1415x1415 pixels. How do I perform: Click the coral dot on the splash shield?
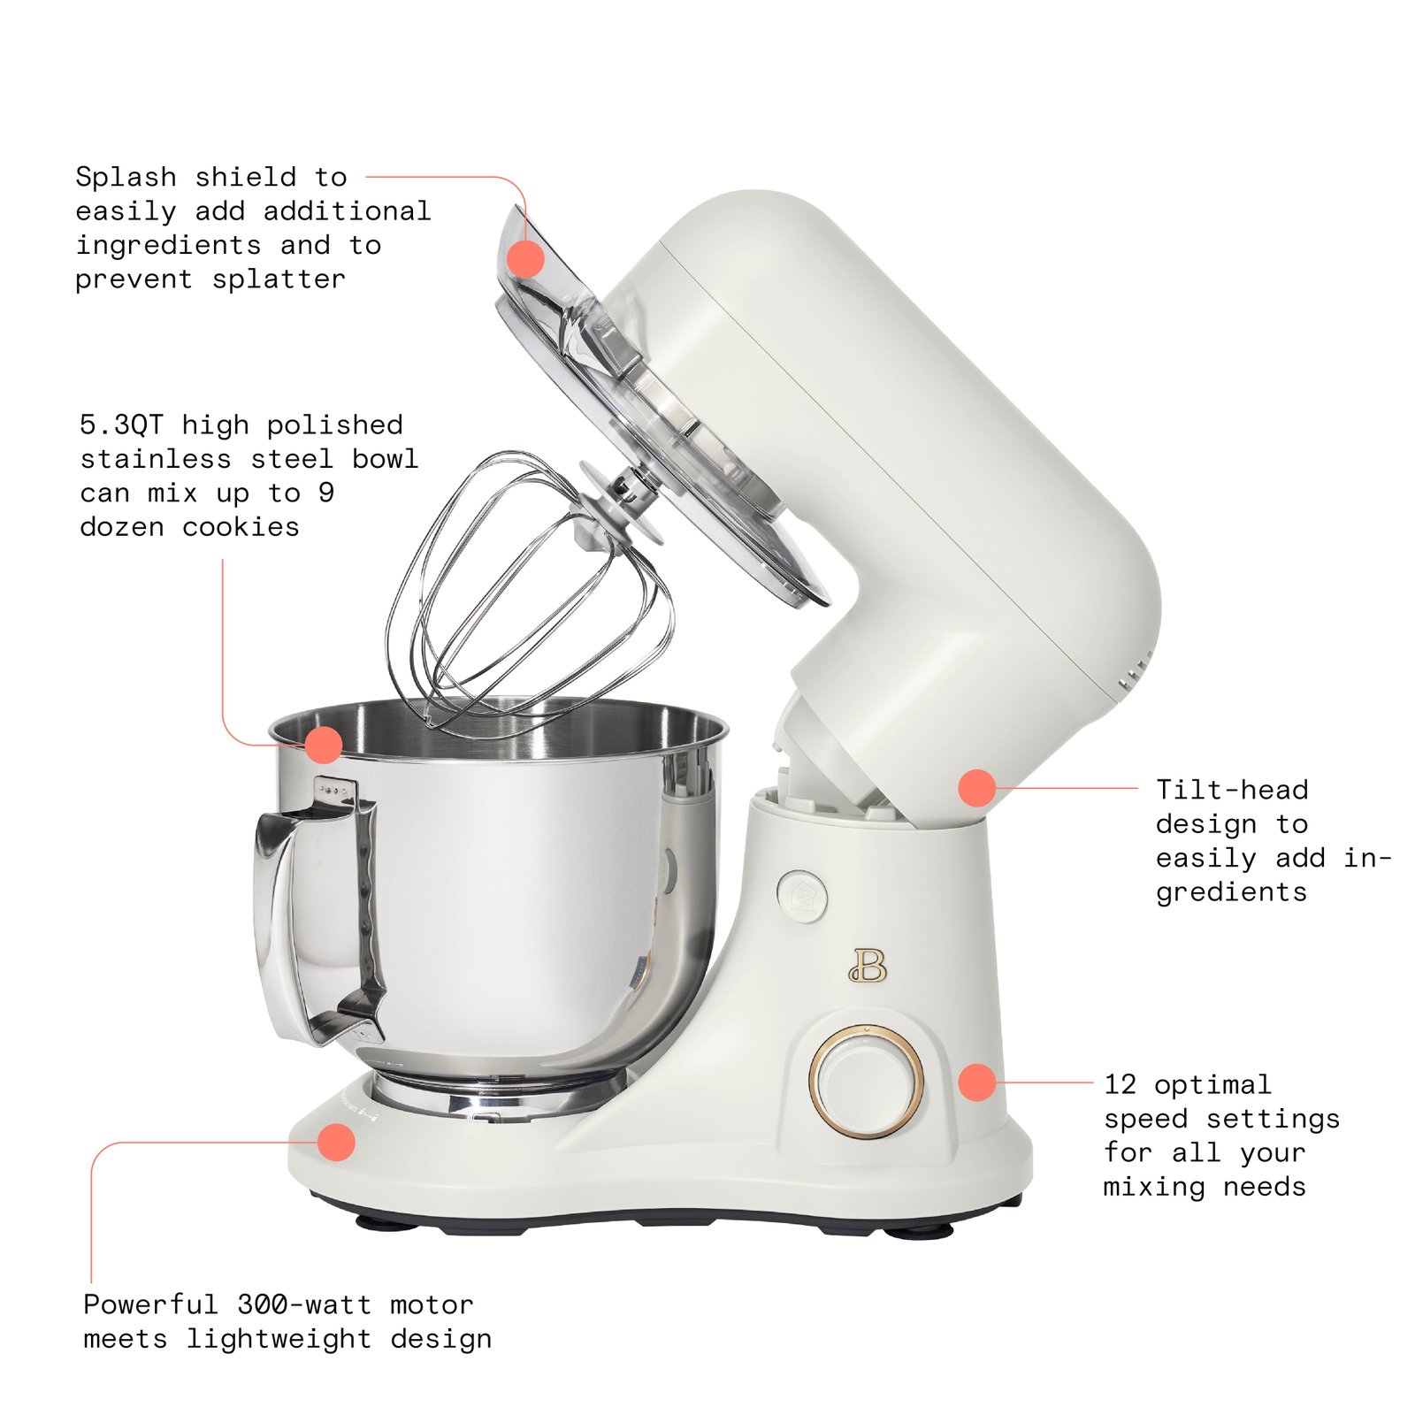coord(525,259)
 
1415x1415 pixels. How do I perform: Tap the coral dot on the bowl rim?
coord(324,745)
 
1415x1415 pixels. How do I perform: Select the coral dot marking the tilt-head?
coord(977,787)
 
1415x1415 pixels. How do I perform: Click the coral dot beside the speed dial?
coord(977,1082)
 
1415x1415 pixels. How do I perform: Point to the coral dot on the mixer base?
coord(336,1142)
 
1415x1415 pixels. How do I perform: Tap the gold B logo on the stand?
coord(868,966)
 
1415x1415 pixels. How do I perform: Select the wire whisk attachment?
coord(531,601)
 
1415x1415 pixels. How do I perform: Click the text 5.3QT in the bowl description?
coord(121,425)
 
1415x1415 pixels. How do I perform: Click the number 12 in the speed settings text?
coord(1120,1084)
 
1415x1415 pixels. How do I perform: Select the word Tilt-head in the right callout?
coord(1231,790)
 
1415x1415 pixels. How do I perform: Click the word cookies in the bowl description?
coord(241,527)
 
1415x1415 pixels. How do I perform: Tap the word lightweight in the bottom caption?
coord(278,1339)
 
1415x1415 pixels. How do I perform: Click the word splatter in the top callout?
coord(279,279)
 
